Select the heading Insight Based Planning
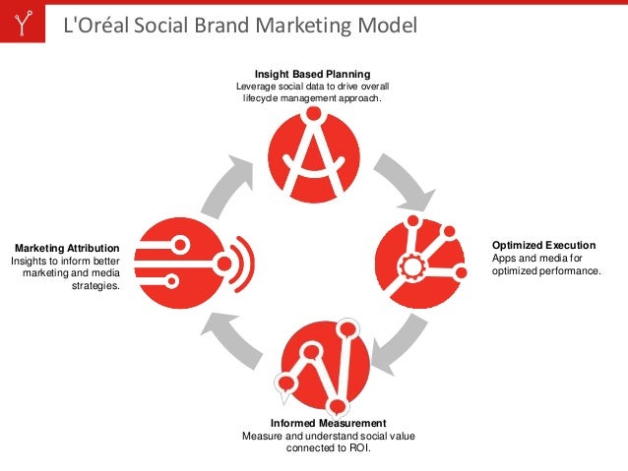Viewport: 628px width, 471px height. pyautogui.click(x=312, y=74)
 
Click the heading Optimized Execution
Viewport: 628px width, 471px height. pyautogui.click(x=542, y=245)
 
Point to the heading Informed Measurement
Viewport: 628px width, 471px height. pyautogui.click(x=321, y=423)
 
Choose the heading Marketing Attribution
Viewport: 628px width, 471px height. pyautogui.click(x=67, y=248)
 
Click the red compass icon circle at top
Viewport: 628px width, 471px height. pyautogui.click(x=313, y=155)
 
